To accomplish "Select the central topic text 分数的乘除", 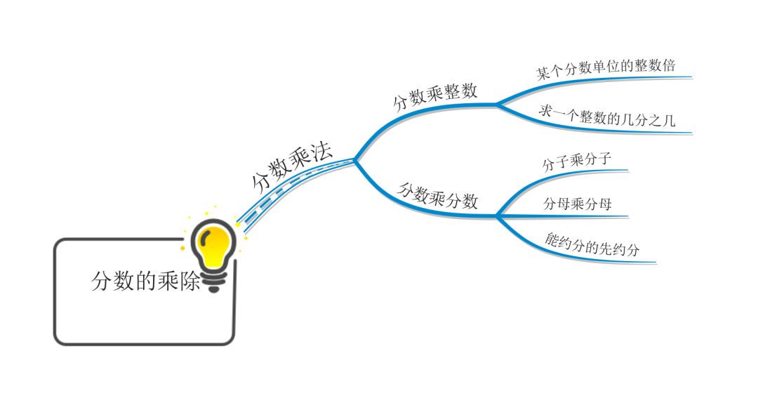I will pyautogui.click(x=146, y=281).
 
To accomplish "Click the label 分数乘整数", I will pyautogui.click(x=435, y=96).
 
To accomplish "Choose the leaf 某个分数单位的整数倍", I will pyautogui.click(x=606, y=70).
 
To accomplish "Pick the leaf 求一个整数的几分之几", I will pyautogui.click(x=607, y=116).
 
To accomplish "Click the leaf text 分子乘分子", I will pyautogui.click(x=577, y=162).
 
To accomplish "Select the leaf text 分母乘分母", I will pyautogui.click(x=578, y=204).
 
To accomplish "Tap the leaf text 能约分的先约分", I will pyautogui.click(x=593, y=244).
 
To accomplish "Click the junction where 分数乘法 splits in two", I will pyautogui.click(x=355, y=159).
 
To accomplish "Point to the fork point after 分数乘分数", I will pyautogui.click(x=497, y=216).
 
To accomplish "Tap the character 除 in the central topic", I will pyautogui.click(x=192, y=281).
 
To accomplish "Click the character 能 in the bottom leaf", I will pyautogui.click(x=552, y=237).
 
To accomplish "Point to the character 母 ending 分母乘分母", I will pyautogui.click(x=604, y=204).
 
